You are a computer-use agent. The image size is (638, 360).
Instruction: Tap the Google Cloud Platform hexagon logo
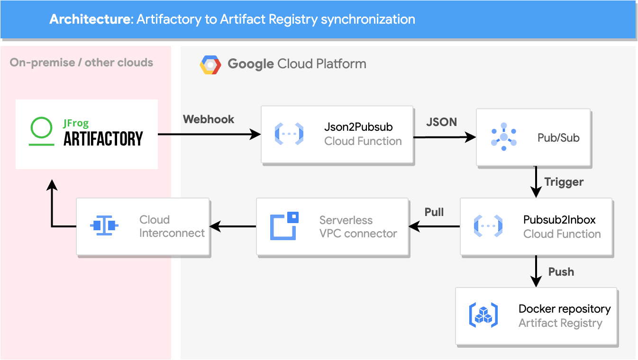210,65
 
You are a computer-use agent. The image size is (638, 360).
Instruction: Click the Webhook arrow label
209,119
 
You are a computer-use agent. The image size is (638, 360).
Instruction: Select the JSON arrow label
442,122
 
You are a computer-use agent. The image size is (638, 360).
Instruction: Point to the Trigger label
564,182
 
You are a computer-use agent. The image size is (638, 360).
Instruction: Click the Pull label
434,212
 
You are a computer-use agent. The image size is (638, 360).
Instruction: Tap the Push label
561,272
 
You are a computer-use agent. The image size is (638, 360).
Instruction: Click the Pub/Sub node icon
503,137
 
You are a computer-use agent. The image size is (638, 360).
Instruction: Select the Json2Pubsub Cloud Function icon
289,134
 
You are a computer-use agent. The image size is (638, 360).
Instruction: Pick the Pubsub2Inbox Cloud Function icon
488,226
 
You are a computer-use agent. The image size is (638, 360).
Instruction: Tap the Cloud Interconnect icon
104,225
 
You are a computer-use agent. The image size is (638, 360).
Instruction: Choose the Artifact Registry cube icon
483,315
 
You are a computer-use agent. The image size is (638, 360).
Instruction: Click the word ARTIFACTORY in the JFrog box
103,139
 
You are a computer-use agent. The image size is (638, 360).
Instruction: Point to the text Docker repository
565,309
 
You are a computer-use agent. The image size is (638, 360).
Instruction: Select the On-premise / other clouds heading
82,63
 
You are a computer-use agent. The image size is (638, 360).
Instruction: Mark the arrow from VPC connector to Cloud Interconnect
233,227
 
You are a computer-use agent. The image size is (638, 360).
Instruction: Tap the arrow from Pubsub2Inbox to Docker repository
536,271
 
